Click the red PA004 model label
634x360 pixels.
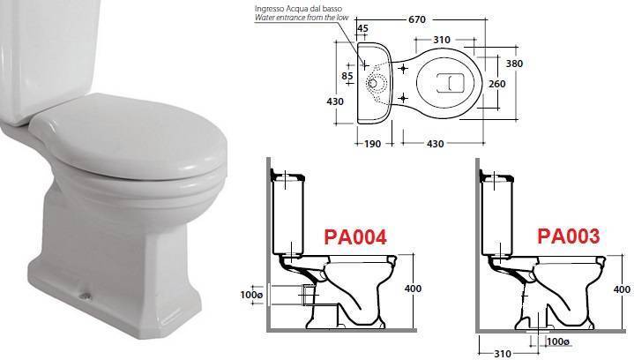click(x=355, y=237)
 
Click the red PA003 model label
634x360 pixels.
click(x=568, y=236)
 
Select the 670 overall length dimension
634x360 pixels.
click(x=417, y=19)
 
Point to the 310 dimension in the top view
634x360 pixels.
click(x=442, y=40)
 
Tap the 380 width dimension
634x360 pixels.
click(x=514, y=64)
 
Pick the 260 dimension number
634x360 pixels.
click(x=497, y=84)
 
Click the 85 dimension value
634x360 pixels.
click(x=347, y=76)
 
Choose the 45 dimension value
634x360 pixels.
click(x=362, y=28)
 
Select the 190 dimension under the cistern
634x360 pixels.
click(x=372, y=144)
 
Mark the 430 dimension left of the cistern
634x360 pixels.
click(x=335, y=101)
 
